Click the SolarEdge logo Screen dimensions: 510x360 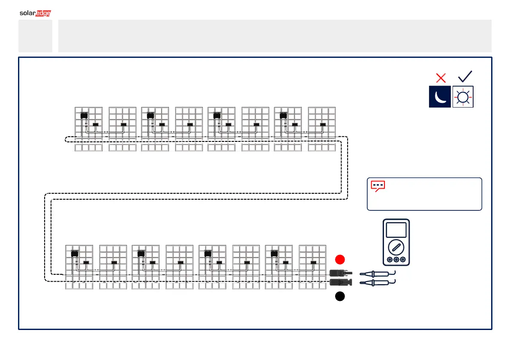[35, 13]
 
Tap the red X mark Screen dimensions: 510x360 [441, 78]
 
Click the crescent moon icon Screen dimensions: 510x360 [440, 97]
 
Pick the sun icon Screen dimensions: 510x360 [463, 97]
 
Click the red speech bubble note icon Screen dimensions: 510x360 [378, 186]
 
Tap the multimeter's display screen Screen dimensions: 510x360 [396, 230]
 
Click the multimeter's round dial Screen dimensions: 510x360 [396, 247]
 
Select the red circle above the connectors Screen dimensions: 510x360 [340, 259]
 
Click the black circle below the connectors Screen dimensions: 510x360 [340, 296]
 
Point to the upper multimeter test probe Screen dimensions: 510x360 [377, 273]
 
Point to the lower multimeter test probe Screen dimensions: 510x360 [377, 282]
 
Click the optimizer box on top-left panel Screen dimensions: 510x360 [84, 115]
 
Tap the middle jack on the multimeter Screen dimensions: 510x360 [396, 260]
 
